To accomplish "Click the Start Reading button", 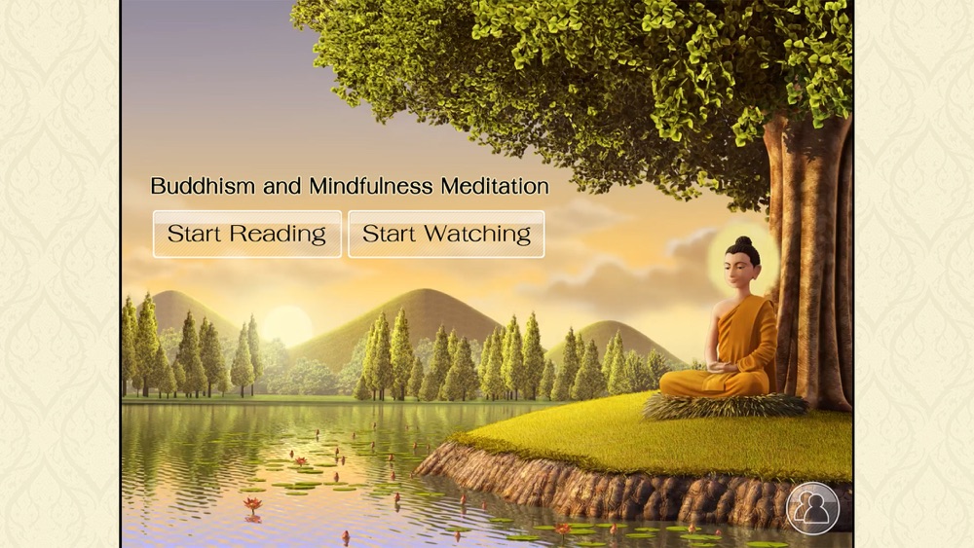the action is [247, 234].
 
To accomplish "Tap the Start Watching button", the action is [446, 234].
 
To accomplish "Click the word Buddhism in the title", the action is [203, 186].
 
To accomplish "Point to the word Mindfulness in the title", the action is [371, 186].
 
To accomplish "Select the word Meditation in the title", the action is [495, 186].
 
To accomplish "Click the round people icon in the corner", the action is [812, 508].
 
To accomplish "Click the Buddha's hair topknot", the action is [743, 240].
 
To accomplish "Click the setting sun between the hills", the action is [286, 325].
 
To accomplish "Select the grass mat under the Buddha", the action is [725, 406].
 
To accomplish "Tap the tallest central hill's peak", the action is [422, 290].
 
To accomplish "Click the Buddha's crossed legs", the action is [714, 383].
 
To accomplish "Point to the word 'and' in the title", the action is [282, 186].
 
